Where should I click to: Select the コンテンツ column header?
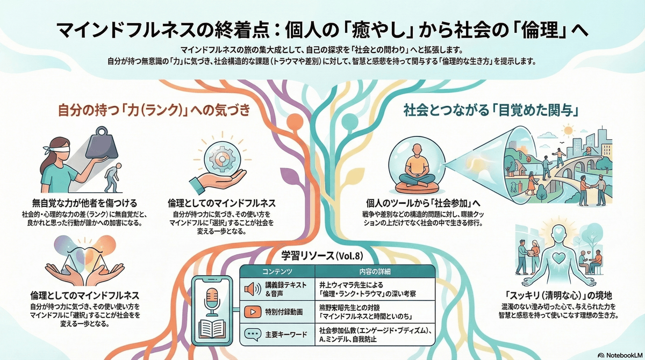277,271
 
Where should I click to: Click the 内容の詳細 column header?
376,271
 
